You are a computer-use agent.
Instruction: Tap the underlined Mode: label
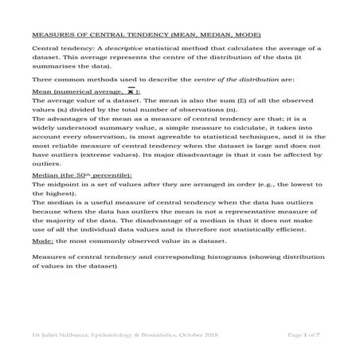[42, 240]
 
